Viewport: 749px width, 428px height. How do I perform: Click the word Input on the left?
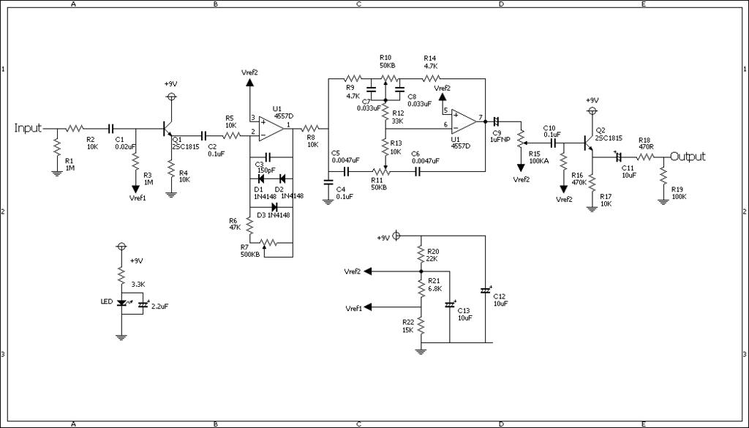(29, 128)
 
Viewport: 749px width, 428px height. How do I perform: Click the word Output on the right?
(688, 156)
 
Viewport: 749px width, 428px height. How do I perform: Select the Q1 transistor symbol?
(168, 129)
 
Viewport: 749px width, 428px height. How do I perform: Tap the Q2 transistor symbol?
(589, 141)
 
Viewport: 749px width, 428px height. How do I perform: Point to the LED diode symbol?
(122, 302)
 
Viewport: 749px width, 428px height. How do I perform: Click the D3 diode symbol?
(275, 207)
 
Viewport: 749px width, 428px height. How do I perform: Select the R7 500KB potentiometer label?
(250, 251)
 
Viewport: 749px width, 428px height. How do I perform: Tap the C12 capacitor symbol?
(486, 290)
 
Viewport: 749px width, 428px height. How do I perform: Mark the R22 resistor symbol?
(421, 326)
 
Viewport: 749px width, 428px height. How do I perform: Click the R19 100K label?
(680, 193)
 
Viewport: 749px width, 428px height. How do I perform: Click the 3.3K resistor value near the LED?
(138, 284)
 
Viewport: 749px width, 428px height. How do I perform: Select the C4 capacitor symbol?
(328, 181)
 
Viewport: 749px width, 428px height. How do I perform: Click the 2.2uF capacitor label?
(160, 307)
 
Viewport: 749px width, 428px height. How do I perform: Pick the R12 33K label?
(398, 118)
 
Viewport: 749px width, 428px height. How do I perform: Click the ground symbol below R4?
(171, 195)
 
